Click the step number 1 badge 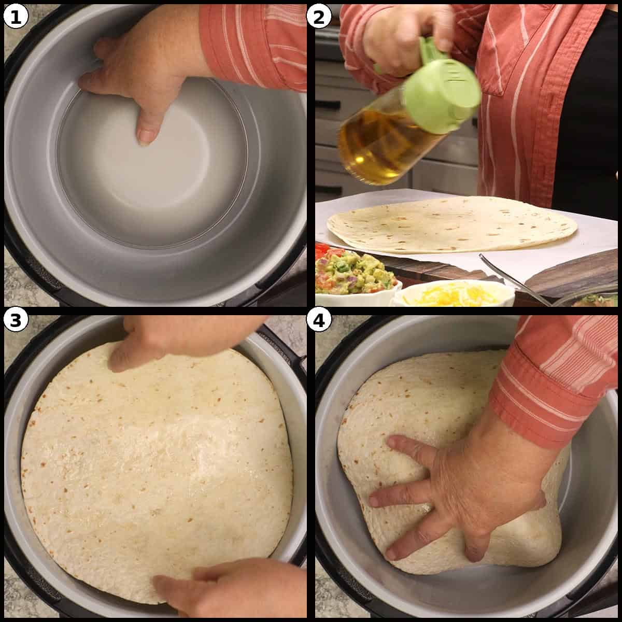pyautogui.click(x=16, y=17)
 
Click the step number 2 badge pyautogui.click(x=318, y=17)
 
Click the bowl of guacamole pyautogui.click(x=355, y=275)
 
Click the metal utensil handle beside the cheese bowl pyautogui.click(x=513, y=280)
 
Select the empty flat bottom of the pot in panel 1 pyautogui.click(x=155, y=171)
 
